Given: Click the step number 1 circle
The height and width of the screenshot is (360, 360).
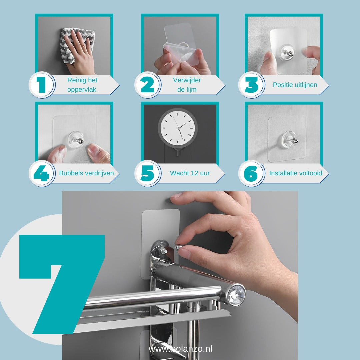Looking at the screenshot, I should coord(42,85).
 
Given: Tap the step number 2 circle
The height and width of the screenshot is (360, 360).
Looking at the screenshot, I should coord(148,85).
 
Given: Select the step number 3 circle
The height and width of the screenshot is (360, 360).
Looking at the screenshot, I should coord(252,85).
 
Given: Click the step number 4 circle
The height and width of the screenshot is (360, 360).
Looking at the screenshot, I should coord(42,173).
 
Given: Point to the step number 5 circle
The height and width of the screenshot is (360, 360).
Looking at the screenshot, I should coord(148,173).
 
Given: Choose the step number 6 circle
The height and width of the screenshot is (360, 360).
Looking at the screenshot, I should coord(252,173).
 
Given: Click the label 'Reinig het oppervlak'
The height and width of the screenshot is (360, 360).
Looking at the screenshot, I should coord(82,85).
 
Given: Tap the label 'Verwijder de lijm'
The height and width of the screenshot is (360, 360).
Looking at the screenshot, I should coord(187,85).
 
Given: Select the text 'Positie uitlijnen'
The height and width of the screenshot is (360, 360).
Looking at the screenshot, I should coord(295,85).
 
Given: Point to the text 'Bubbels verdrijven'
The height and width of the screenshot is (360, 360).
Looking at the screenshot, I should coord(86,173).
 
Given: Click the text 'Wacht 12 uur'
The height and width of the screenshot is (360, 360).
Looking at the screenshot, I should coord(190,173).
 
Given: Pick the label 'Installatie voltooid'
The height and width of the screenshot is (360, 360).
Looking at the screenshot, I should coord(296,173).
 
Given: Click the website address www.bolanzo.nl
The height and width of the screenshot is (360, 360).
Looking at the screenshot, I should coord(180,349).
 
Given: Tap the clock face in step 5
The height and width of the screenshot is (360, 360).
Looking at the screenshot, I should coord(177,127).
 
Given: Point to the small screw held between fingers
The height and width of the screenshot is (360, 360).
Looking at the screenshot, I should coord(179,247).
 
